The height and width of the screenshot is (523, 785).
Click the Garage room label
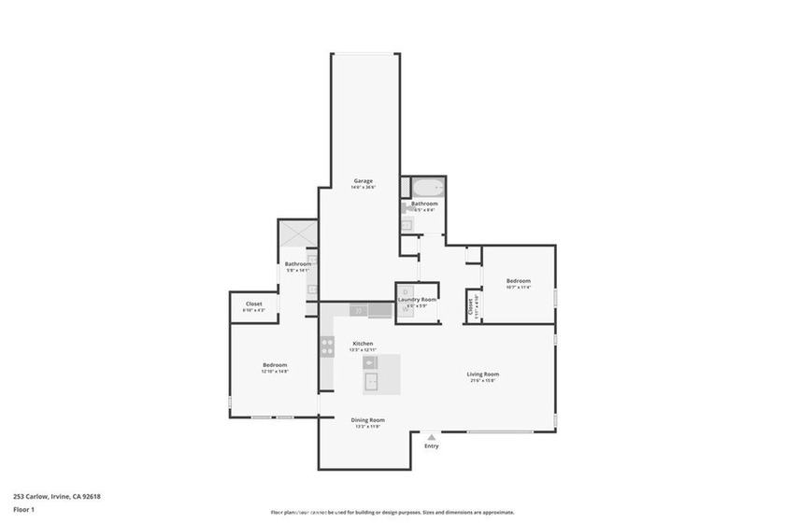(363, 180)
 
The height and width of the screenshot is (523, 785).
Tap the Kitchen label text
(363, 344)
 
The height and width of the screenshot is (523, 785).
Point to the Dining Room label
(367, 420)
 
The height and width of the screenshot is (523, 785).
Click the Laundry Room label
(417, 300)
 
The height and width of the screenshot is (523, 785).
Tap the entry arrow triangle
(431, 436)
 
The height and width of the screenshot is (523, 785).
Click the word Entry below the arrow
(431, 446)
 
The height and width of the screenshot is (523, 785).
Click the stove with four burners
(328, 346)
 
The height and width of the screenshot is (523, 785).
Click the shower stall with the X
(297, 234)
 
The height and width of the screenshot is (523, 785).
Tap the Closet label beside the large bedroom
(254, 304)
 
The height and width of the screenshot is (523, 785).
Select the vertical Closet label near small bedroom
(470, 305)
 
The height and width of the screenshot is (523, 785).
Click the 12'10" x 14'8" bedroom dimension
(275, 372)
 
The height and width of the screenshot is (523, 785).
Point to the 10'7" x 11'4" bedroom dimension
(519, 288)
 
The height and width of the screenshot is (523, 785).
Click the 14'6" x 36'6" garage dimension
(363, 188)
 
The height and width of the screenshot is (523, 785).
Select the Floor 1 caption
(24, 510)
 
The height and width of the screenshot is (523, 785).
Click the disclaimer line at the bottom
(392, 512)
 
